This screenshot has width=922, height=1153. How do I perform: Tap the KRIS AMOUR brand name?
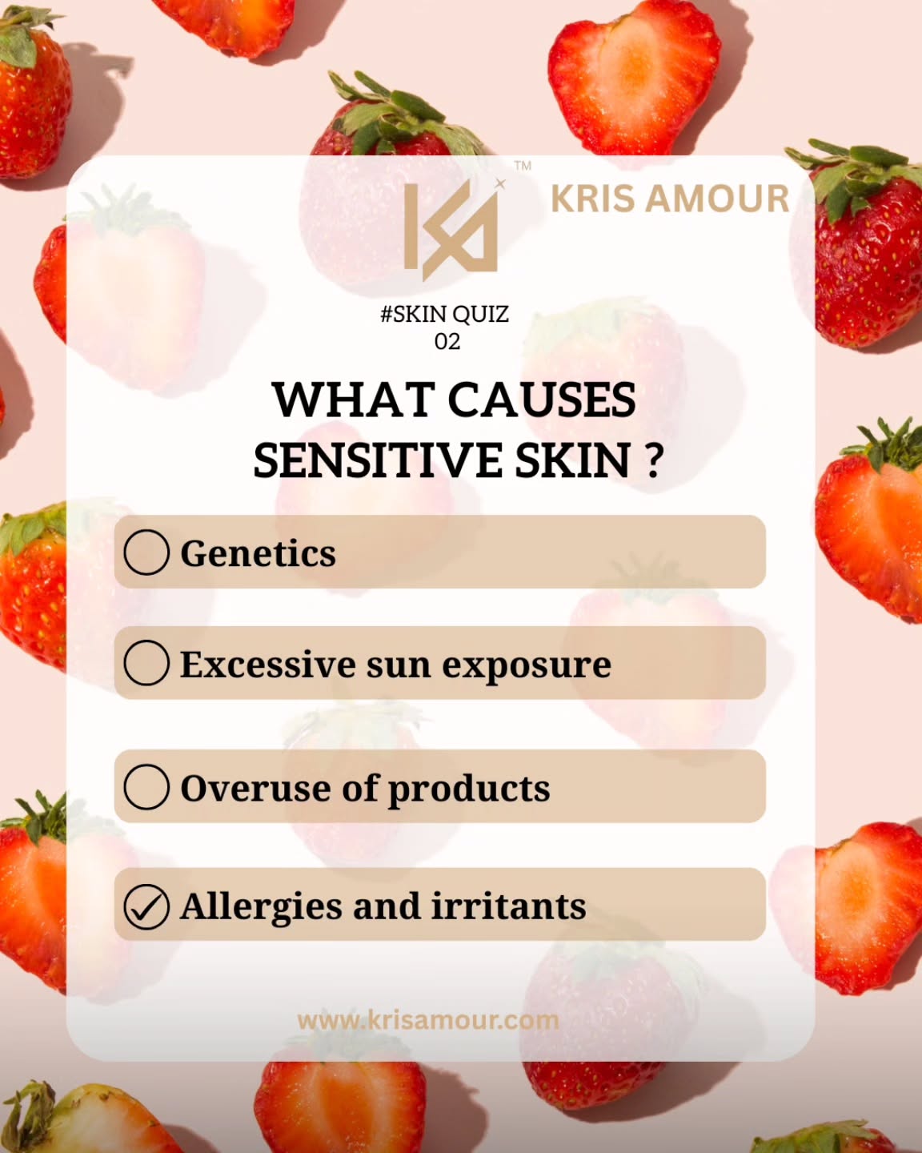click(670, 199)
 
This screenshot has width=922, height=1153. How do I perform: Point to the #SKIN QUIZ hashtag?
click(444, 314)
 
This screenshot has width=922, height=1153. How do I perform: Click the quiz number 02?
click(447, 342)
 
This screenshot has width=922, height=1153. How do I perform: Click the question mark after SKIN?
click(653, 462)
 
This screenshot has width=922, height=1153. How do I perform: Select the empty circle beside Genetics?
click(146, 552)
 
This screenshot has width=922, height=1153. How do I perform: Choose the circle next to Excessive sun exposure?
click(146, 663)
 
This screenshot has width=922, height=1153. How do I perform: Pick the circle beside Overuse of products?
click(146, 786)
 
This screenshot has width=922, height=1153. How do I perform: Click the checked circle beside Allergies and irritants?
click(146, 906)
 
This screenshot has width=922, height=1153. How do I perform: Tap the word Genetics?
click(258, 553)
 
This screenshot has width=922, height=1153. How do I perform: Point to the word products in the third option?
click(469, 789)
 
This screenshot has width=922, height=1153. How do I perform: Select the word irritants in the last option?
click(509, 906)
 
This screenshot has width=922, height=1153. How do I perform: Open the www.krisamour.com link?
click(428, 1020)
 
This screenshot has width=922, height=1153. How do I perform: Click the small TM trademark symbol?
click(523, 166)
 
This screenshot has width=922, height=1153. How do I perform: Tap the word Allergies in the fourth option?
click(260, 907)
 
